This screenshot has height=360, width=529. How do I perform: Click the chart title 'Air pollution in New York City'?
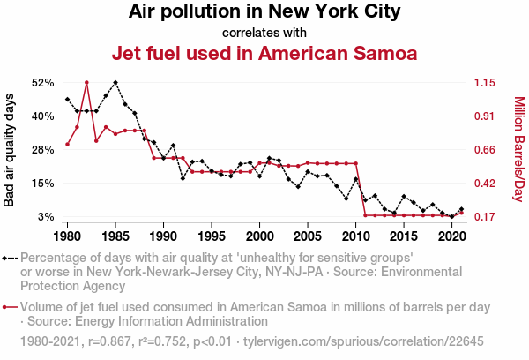[264, 12]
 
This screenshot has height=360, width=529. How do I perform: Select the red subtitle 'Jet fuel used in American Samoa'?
[264, 53]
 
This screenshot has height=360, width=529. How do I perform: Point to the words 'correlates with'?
[264, 33]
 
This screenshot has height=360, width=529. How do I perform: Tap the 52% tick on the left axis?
[41, 83]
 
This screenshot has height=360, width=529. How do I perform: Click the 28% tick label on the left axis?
[41, 150]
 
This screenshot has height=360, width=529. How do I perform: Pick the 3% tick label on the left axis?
[45, 217]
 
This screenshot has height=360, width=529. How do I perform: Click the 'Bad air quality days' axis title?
[10, 150]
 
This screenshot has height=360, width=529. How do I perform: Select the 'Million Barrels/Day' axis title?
[518, 149]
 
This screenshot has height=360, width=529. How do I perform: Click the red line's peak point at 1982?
[86, 82]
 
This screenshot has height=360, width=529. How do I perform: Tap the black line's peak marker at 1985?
[115, 82]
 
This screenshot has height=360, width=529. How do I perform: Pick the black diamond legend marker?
[5, 259]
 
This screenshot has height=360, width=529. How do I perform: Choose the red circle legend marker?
[5, 307]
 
